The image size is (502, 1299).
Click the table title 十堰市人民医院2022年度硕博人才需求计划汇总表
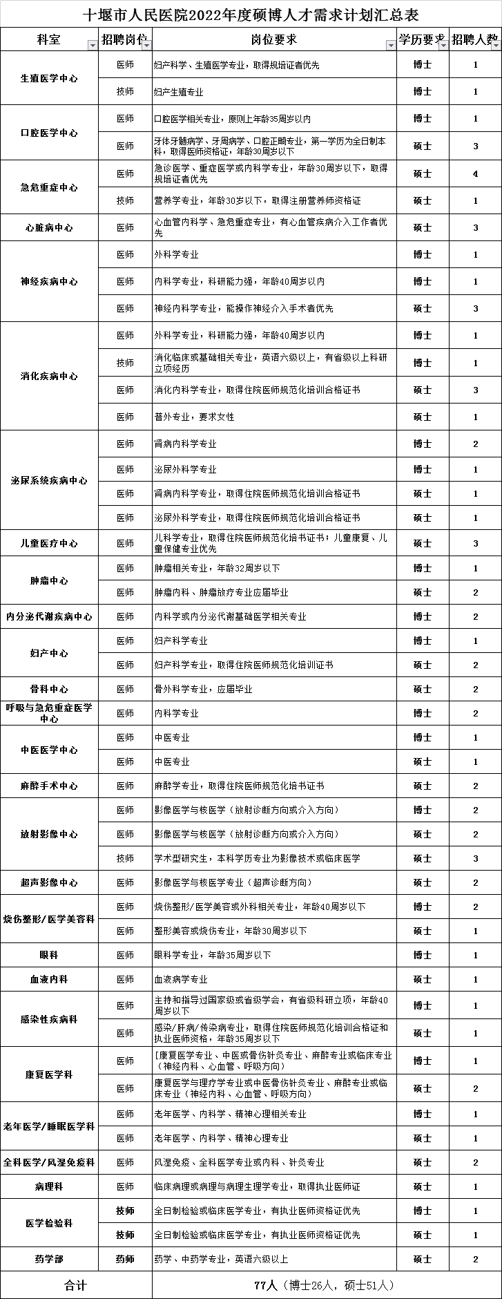pyautogui.click(x=251, y=15)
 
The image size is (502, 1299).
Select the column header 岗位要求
pyautogui.click(x=274, y=39)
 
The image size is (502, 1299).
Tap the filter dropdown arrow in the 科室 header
pyautogui.click(x=92, y=45)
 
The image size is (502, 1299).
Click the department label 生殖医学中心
pyautogui.click(x=49, y=78)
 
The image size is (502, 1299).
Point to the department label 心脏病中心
pyautogui.click(x=49, y=227)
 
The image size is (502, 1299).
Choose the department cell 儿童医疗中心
pyautogui.click(x=49, y=543)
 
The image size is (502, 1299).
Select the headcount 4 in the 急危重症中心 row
pyautogui.click(x=476, y=173)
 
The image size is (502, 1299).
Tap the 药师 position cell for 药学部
pyautogui.click(x=125, y=1259)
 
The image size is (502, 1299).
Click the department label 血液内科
pyautogui.click(x=49, y=979)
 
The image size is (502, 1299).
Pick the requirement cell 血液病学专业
pyautogui.click(x=181, y=979)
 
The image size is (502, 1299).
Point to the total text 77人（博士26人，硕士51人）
pyautogui.click(x=324, y=1285)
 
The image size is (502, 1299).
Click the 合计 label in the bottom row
pyautogui.click(x=76, y=1285)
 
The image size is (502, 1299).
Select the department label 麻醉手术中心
pyautogui.click(x=49, y=786)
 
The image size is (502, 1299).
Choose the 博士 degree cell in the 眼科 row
pyautogui.click(x=423, y=955)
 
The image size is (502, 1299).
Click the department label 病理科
pyautogui.click(x=49, y=1186)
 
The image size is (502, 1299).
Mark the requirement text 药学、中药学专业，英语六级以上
pyautogui.click(x=221, y=1259)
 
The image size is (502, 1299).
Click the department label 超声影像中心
pyautogui.click(x=49, y=882)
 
